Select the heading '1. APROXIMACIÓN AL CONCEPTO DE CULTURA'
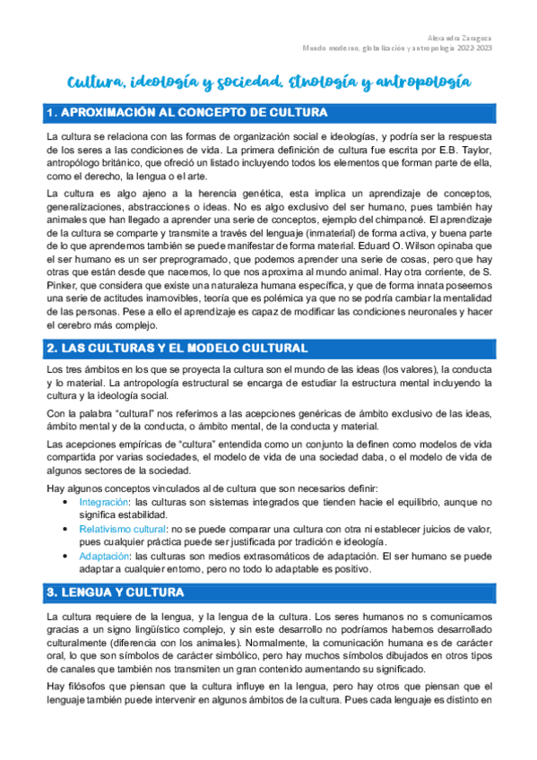pos(186,113)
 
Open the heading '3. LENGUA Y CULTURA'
pos(115,567)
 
